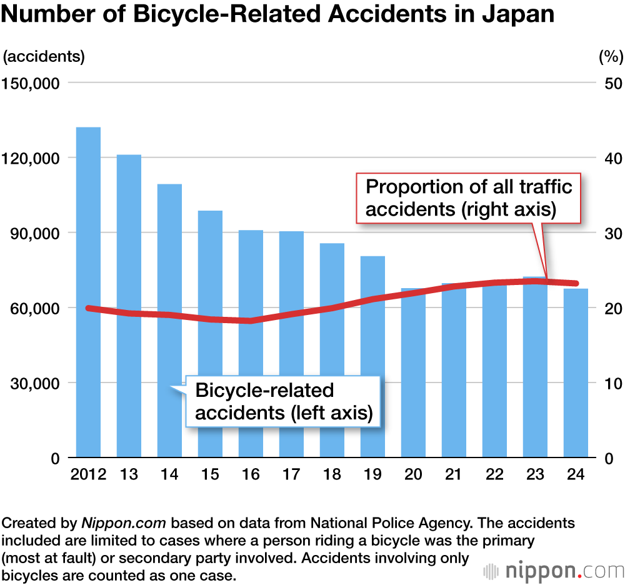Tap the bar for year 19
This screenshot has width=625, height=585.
372,356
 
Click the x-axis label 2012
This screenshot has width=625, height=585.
88,475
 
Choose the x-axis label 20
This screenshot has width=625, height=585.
413,475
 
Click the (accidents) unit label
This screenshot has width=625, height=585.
44,56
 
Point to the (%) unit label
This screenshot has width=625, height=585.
611,56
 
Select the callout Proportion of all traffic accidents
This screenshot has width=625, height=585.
469,197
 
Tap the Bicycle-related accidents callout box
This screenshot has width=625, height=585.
284,402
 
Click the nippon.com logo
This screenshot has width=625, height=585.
554,571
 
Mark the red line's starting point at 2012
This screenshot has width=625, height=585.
88,308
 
